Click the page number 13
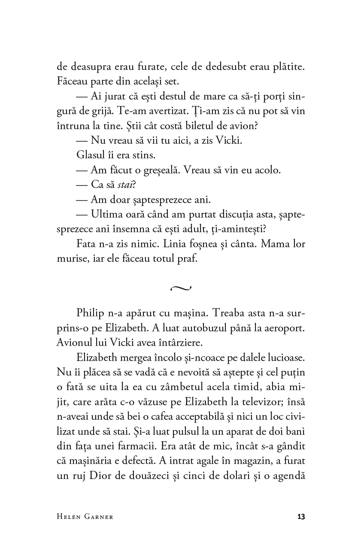click(x=300, y=516)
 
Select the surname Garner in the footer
click(x=99, y=517)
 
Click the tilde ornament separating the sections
click(x=181, y=288)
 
